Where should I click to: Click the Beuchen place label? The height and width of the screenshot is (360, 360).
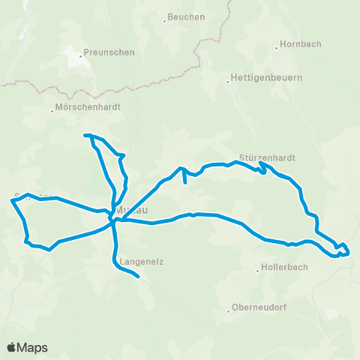pos(186,17)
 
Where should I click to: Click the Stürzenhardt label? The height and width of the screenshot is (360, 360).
pos(267,158)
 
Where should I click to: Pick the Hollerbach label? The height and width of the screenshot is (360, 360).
pos(284,268)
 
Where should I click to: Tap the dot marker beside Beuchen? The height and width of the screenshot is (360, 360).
pos(164,17)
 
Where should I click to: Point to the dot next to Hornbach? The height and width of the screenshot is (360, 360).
pos(277,44)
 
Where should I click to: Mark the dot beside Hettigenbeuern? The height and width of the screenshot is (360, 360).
pos(228,78)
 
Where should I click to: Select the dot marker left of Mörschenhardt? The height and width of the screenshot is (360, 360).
pos(53,108)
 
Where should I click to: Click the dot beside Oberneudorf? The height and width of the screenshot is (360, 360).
pos(229,309)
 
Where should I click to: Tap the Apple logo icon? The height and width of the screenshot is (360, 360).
pos(12,347)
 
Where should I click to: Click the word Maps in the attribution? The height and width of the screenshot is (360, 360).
pos(33,347)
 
